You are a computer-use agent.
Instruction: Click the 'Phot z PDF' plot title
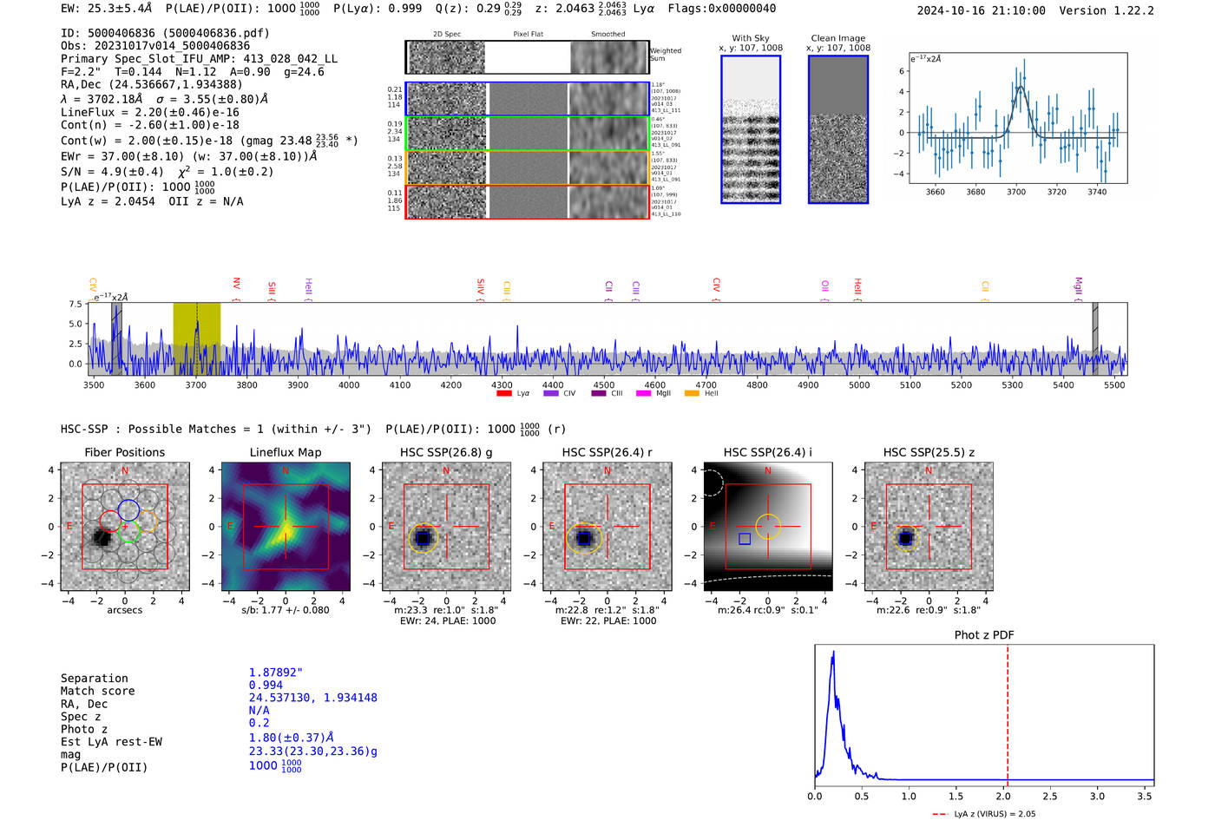(984, 635)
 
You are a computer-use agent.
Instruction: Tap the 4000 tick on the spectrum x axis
(349, 384)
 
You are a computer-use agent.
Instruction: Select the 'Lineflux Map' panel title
(286, 452)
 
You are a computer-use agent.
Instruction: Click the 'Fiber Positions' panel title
(124, 452)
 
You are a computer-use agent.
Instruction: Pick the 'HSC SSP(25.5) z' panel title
(929, 452)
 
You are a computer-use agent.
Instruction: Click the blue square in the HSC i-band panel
(745, 539)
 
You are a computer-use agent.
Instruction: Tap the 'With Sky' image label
(750, 38)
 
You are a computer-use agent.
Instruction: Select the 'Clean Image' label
(837, 38)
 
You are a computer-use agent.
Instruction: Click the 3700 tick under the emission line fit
(1016, 192)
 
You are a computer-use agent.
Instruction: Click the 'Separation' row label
(95, 679)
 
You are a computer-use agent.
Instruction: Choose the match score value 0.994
(266, 685)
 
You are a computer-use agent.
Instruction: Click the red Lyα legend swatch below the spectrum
(503, 394)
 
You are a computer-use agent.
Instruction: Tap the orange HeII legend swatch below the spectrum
(692, 394)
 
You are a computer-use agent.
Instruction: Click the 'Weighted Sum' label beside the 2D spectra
(666, 55)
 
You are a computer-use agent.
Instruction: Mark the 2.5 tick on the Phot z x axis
(1050, 796)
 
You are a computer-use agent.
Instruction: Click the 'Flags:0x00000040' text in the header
(722, 8)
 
